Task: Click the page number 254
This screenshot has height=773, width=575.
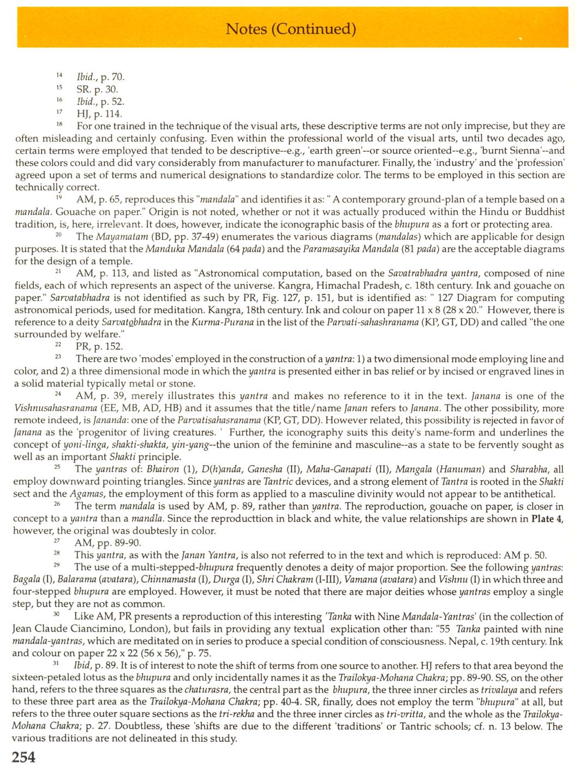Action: point(23,758)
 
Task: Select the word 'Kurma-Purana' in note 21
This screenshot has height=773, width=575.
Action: point(216,322)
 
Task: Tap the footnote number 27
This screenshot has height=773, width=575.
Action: point(57,541)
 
